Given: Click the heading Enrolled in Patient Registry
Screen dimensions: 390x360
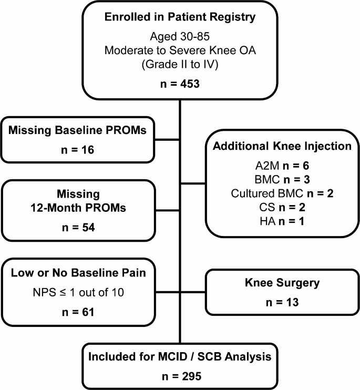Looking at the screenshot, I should point(181,17).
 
